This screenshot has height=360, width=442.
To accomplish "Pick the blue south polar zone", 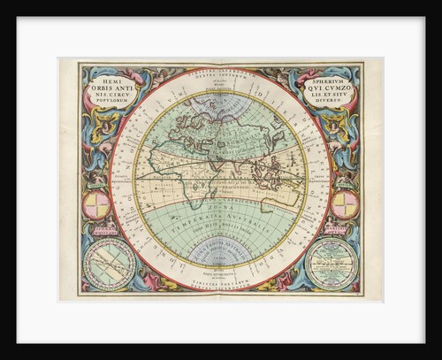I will [x=220, y=257].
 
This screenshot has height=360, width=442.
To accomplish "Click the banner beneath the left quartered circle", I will [x=95, y=228].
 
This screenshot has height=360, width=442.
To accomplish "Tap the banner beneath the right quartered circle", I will [x=346, y=228].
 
